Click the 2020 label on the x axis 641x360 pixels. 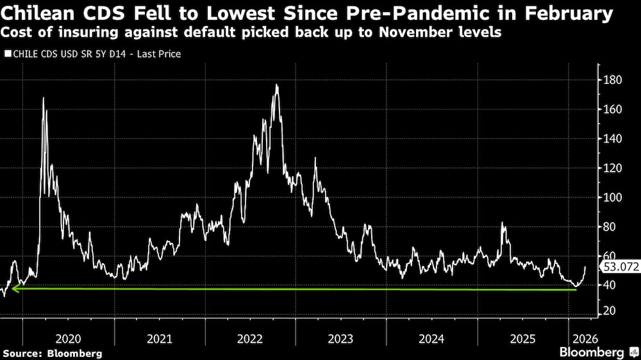(69, 339)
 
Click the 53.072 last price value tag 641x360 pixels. (619, 268)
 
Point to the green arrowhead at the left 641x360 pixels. (15, 289)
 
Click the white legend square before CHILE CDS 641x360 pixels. (8, 54)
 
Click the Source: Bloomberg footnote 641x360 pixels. (53, 353)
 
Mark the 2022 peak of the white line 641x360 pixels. (276, 85)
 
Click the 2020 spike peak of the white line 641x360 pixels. (44, 97)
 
